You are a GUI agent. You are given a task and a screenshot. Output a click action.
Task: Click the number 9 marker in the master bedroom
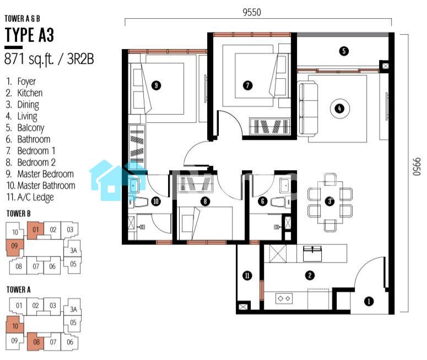[x=156, y=85]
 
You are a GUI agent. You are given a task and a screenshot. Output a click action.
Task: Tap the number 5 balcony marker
[x=344, y=51]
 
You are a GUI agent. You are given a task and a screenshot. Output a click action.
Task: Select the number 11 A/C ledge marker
[x=247, y=276]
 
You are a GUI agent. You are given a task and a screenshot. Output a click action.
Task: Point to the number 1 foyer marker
[x=369, y=301]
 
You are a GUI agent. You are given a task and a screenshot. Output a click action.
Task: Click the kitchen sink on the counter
[x=312, y=253]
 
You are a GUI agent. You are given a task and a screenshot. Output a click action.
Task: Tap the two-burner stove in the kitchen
[x=284, y=298]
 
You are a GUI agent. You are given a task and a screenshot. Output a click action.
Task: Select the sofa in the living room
[x=308, y=108]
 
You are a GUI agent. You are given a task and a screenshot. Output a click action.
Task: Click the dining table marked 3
[x=330, y=202]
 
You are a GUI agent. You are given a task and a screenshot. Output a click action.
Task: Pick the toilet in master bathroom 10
[x=138, y=201]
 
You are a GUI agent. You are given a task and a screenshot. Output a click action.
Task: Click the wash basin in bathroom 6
[x=285, y=186]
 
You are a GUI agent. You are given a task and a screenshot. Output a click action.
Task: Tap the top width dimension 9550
[x=252, y=12]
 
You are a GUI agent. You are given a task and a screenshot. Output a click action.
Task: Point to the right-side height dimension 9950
[x=417, y=167]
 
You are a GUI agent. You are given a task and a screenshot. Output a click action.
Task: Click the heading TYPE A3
[x=29, y=35]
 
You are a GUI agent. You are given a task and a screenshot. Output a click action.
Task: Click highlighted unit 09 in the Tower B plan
[x=14, y=247]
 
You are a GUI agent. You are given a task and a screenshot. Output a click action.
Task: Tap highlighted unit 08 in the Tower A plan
[x=36, y=342]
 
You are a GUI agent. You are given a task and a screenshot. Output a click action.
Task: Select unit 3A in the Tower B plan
[x=73, y=250]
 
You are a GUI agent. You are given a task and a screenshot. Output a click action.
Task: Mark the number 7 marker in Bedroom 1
[x=247, y=85]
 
